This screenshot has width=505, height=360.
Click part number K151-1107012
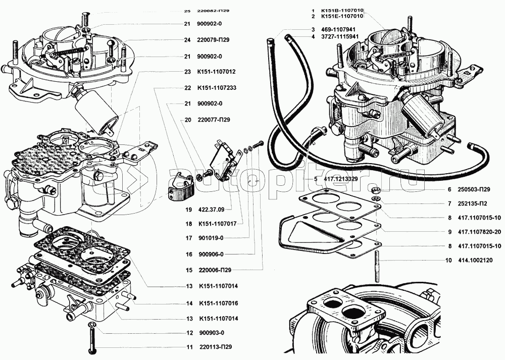click(x=217, y=72)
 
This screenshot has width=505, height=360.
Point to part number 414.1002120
click(x=476, y=261)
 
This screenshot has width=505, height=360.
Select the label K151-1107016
click(x=219, y=303)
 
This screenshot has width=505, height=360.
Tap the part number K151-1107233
click(x=218, y=88)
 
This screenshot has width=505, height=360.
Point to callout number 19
click(x=188, y=209)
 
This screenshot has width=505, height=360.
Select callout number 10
click(x=448, y=261)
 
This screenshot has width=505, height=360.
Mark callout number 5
click(x=315, y=179)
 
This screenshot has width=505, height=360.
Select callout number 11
click(x=189, y=347)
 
